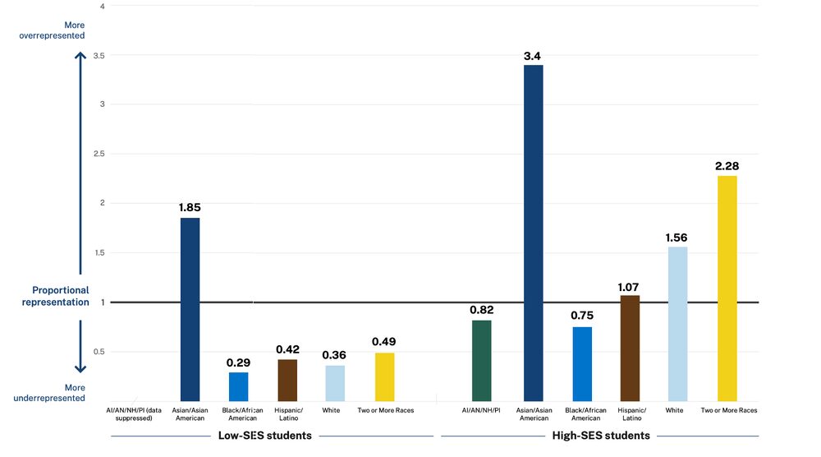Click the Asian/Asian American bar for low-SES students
point(190,309)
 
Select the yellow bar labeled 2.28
point(727,288)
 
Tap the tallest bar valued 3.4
point(533,233)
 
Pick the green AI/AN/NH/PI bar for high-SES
point(482,360)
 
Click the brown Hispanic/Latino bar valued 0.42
point(287,380)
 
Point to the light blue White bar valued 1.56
point(678,324)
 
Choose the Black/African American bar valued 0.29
point(238,386)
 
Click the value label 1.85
point(190,208)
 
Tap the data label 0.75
point(582,316)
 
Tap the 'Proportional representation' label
point(60,296)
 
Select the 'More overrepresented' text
point(52,30)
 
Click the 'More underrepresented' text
point(49,393)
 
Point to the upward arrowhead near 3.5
point(80,57)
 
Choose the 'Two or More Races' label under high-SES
point(729,409)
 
